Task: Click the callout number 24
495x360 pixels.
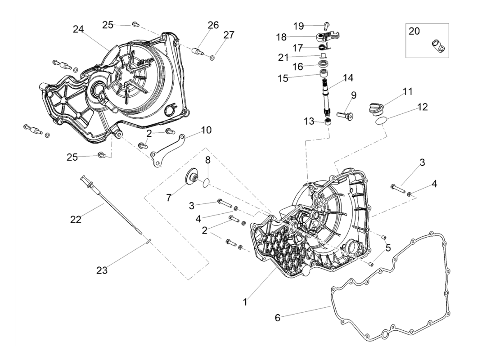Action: [79, 29]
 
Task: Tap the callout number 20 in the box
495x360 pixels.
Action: [414, 31]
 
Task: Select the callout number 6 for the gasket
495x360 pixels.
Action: [278, 318]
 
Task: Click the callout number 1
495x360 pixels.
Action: [245, 302]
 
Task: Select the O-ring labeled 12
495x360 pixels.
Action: [381, 120]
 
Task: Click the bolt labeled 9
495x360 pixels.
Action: [346, 115]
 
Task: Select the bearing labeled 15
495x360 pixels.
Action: [323, 74]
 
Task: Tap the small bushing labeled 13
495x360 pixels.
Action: [329, 122]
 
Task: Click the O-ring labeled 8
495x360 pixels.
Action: [206, 182]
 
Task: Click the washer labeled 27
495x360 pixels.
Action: [212, 57]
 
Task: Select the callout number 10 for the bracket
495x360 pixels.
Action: [206, 130]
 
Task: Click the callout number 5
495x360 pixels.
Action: [387, 247]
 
